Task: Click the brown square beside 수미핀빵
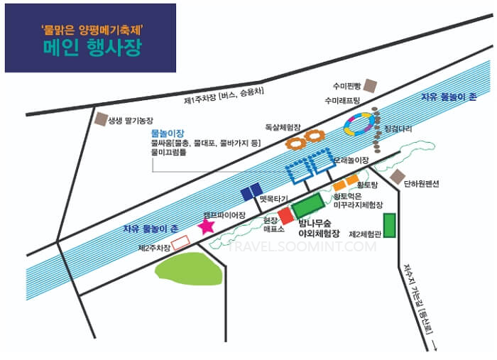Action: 370,84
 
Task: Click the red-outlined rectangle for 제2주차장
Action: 181,242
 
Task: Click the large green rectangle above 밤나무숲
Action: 307,205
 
